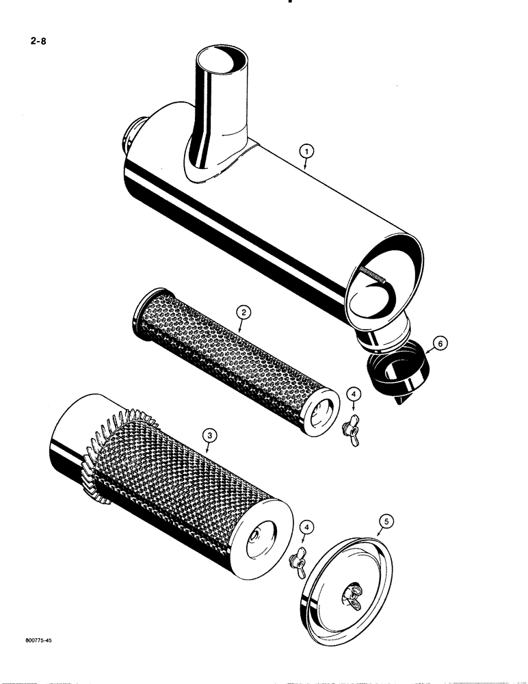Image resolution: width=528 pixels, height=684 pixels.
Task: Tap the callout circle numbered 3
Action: tap(210, 434)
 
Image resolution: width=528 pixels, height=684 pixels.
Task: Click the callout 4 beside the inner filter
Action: tap(354, 394)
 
